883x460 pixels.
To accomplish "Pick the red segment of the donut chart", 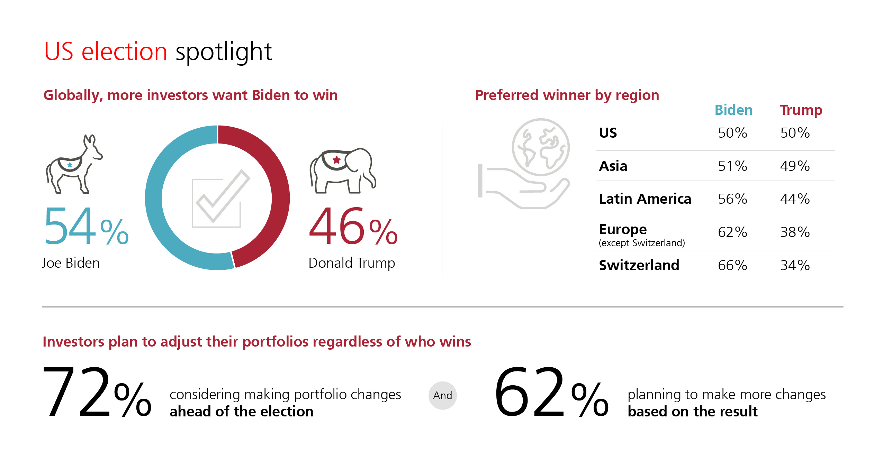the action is pos(277,180).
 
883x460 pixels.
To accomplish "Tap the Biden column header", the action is pos(733,110).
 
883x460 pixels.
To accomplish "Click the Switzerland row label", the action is pos(639,265).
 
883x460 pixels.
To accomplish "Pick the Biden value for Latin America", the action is pos(732,199).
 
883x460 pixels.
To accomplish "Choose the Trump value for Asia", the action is pos(795,166).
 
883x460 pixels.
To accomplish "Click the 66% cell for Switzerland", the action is pos(732,265).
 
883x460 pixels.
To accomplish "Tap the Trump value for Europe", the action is pos(795,232).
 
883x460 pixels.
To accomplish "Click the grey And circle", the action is pos(442,395).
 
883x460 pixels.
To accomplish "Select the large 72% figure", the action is pos(97,392).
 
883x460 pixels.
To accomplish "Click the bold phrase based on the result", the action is pos(692,412).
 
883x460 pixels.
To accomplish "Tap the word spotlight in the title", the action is pos(224,52).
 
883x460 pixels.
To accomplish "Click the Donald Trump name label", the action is pos(352,263).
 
